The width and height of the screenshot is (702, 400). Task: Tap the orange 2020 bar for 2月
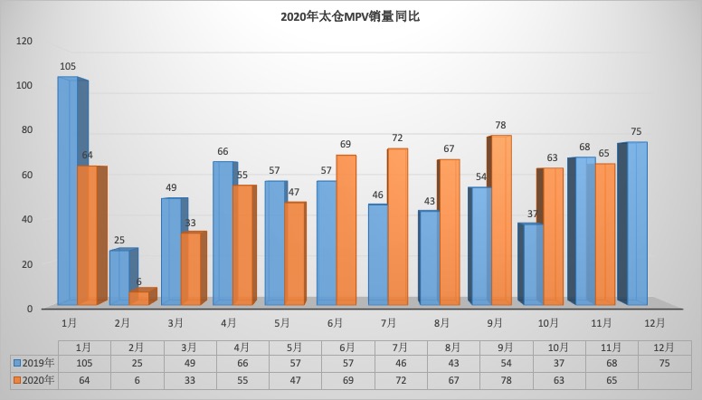pyautogui.click(x=139, y=298)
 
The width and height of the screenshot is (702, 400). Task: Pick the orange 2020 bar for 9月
pyautogui.click(x=500, y=220)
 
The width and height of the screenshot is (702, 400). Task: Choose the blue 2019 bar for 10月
pyautogui.click(x=532, y=263)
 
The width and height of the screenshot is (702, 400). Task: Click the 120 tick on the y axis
pyautogui.click(x=24, y=41)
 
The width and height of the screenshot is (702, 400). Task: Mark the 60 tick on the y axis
pyautogui.click(x=27, y=175)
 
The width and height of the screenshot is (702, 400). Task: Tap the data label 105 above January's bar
pyautogui.click(x=68, y=67)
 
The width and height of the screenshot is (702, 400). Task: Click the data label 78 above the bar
pyautogui.click(x=500, y=125)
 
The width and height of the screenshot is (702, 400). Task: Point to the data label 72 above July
pyautogui.click(x=397, y=138)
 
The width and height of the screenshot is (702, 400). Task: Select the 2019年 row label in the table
pyautogui.click(x=33, y=364)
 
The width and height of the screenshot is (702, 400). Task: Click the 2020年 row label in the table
pyautogui.click(x=33, y=381)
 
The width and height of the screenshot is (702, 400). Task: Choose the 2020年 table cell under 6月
pyautogui.click(x=347, y=381)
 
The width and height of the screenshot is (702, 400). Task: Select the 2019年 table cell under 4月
pyautogui.click(x=242, y=364)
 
